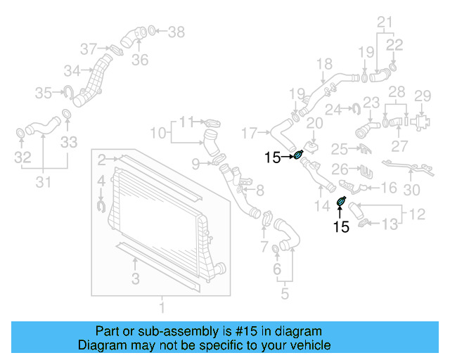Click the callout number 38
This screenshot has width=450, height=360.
coord(176,32)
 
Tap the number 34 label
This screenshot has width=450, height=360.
coord(71,71)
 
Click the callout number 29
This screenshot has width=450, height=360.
coord(421,96)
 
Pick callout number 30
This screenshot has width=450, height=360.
coord(411,190)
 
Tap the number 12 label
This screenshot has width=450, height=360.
coord(418,213)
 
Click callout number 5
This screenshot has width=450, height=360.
coord(284,293)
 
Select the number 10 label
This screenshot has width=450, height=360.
coord(157,132)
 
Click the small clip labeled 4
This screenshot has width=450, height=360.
coord(100,205)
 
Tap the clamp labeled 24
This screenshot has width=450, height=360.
coord(356,108)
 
